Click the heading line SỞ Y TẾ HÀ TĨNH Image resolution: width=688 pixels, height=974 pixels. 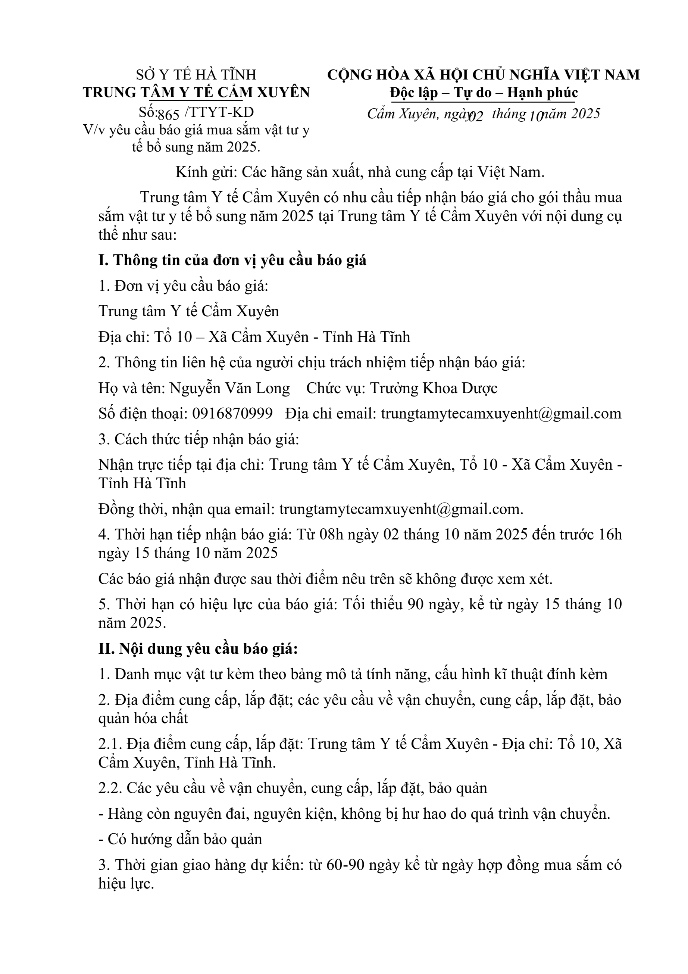196,75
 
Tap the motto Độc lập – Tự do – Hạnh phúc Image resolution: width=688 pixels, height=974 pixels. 484,93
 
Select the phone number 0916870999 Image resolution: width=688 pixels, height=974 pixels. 232,414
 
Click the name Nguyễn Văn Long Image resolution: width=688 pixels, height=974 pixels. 230,388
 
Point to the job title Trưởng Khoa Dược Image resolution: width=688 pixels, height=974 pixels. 434,388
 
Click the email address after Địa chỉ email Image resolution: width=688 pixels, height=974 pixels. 501,414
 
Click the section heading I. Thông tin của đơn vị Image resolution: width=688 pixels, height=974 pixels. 232,260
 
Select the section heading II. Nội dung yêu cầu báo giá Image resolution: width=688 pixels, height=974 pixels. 198,649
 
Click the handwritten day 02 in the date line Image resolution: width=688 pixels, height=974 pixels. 476,116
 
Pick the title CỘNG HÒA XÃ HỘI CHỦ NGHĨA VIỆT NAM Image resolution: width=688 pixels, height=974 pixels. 483,75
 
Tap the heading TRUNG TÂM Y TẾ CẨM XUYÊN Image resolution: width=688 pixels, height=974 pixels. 196,93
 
